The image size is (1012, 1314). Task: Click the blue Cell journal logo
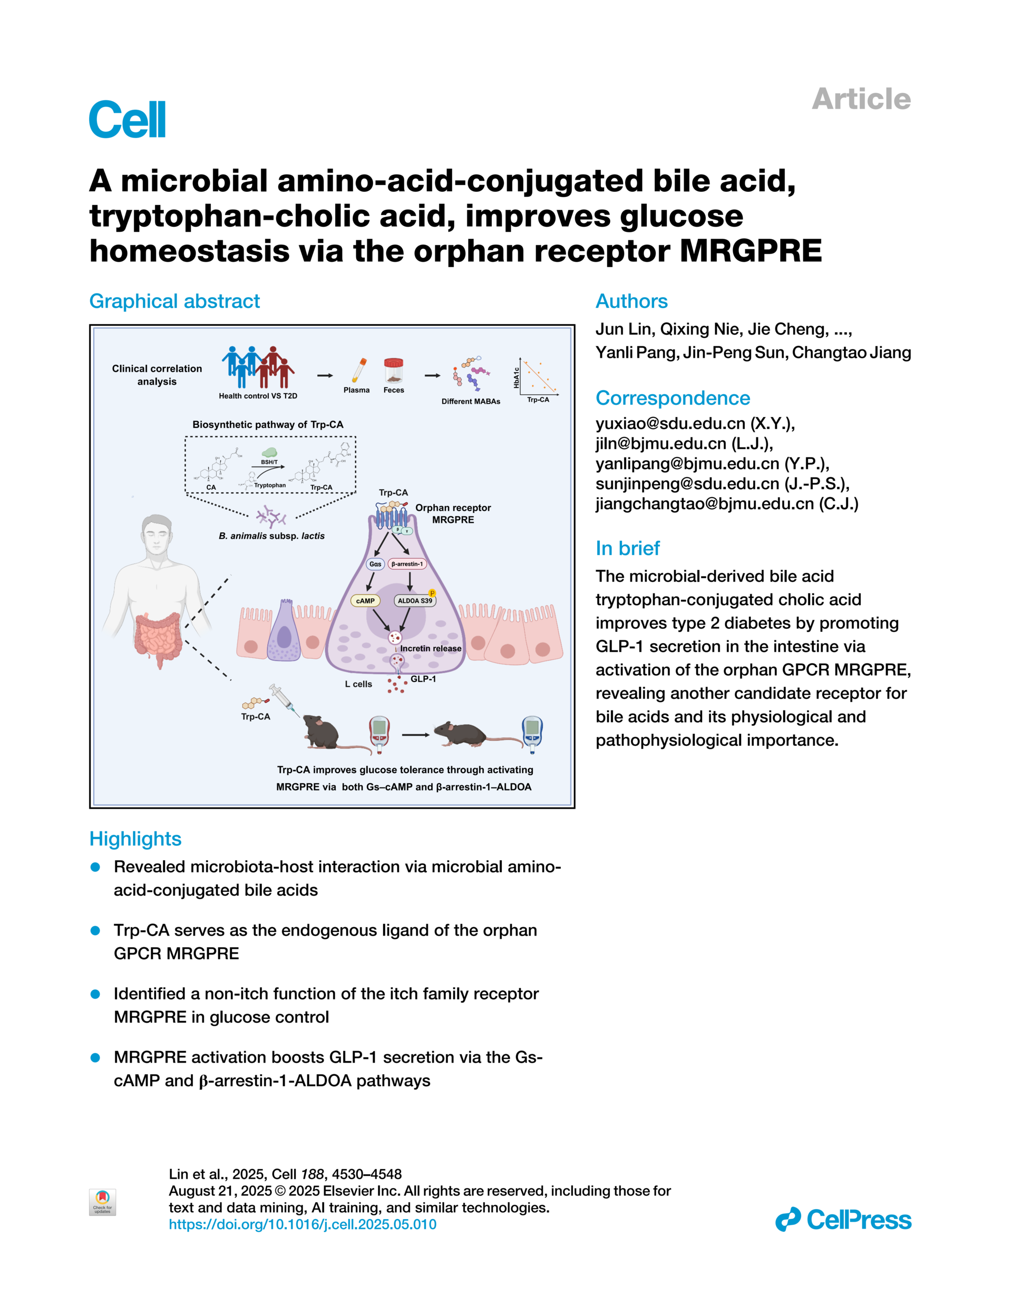127,119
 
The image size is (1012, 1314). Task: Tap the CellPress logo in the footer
843,1220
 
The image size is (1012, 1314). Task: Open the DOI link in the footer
302,1224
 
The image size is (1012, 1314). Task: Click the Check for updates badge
102,1202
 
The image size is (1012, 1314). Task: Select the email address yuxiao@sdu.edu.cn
670,424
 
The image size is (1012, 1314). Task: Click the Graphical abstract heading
174,301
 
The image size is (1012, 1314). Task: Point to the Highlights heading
135,839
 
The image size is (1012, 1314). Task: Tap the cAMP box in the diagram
365,600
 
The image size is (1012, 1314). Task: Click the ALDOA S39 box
414,600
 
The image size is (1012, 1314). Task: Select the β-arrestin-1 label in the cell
407,564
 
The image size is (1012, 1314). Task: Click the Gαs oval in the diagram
375,564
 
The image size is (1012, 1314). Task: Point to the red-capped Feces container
394,371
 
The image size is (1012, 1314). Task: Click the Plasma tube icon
358,370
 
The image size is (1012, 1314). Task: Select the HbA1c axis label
516,378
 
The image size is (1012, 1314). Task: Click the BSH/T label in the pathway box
269,462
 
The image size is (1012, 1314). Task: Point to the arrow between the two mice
416,735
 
